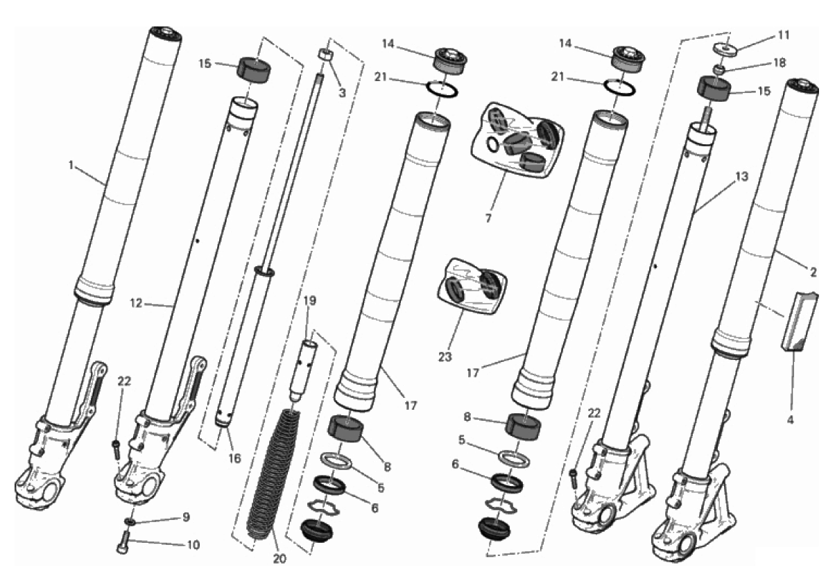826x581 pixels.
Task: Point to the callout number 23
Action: pyautogui.click(x=445, y=357)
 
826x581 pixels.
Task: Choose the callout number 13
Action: pyautogui.click(x=741, y=177)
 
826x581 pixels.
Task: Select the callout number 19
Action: pyautogui.click(x=309, y=302)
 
